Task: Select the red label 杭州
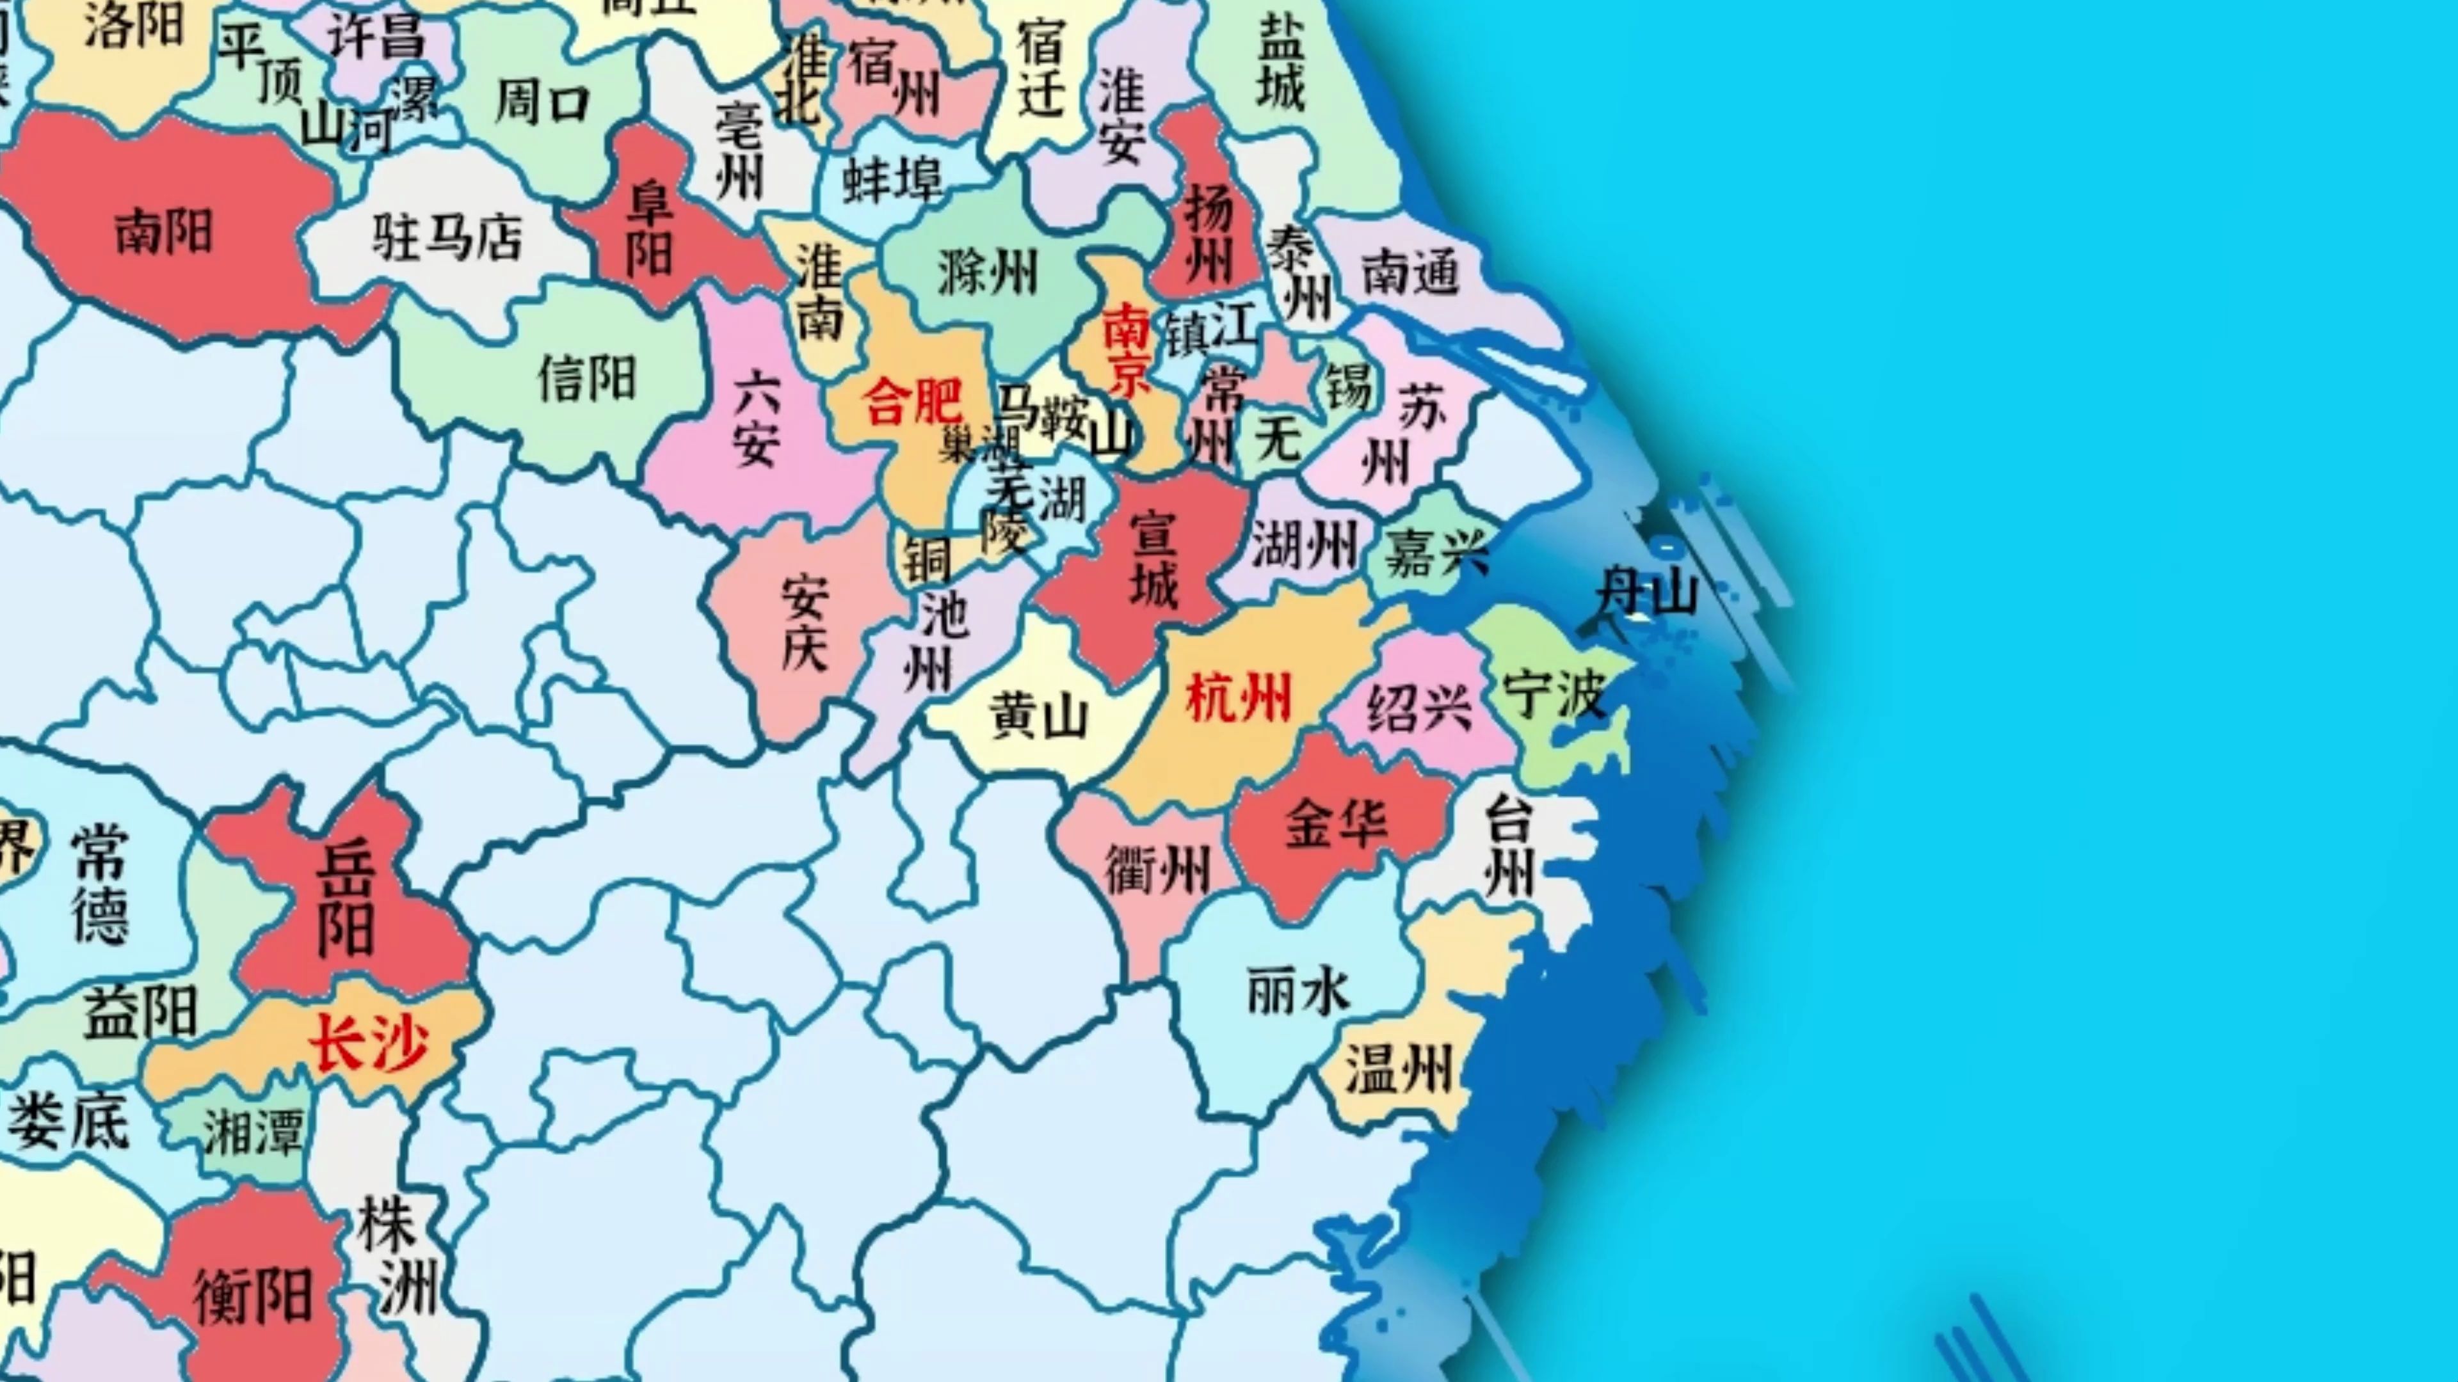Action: click(x=1237, y=697)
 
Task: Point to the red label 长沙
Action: click(x=367, y=1042)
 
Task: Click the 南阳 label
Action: click(x=163, y=233)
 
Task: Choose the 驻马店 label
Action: click(x=447, y=237)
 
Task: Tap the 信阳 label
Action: click(x=586, y=379)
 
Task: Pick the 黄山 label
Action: click(x=1038, y=715)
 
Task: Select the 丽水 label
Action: click(x=1299, y=992)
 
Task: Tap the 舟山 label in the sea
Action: click(x=1648, y=591)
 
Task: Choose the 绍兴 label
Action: click(x=1419, y=708)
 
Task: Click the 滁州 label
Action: click(x=986, y=274)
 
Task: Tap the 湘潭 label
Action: click(x=253, y=1132)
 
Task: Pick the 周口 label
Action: click(x=542, y=103)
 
